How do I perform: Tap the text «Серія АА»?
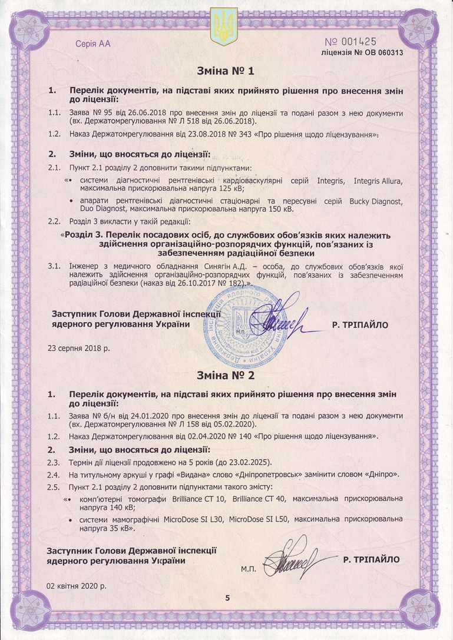93,44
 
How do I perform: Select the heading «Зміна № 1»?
226,72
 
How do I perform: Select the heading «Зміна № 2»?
226,374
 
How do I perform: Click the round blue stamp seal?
251,321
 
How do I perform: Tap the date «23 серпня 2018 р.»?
80,347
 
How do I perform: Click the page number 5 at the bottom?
226,598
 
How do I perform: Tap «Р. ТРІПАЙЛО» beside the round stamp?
360,324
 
